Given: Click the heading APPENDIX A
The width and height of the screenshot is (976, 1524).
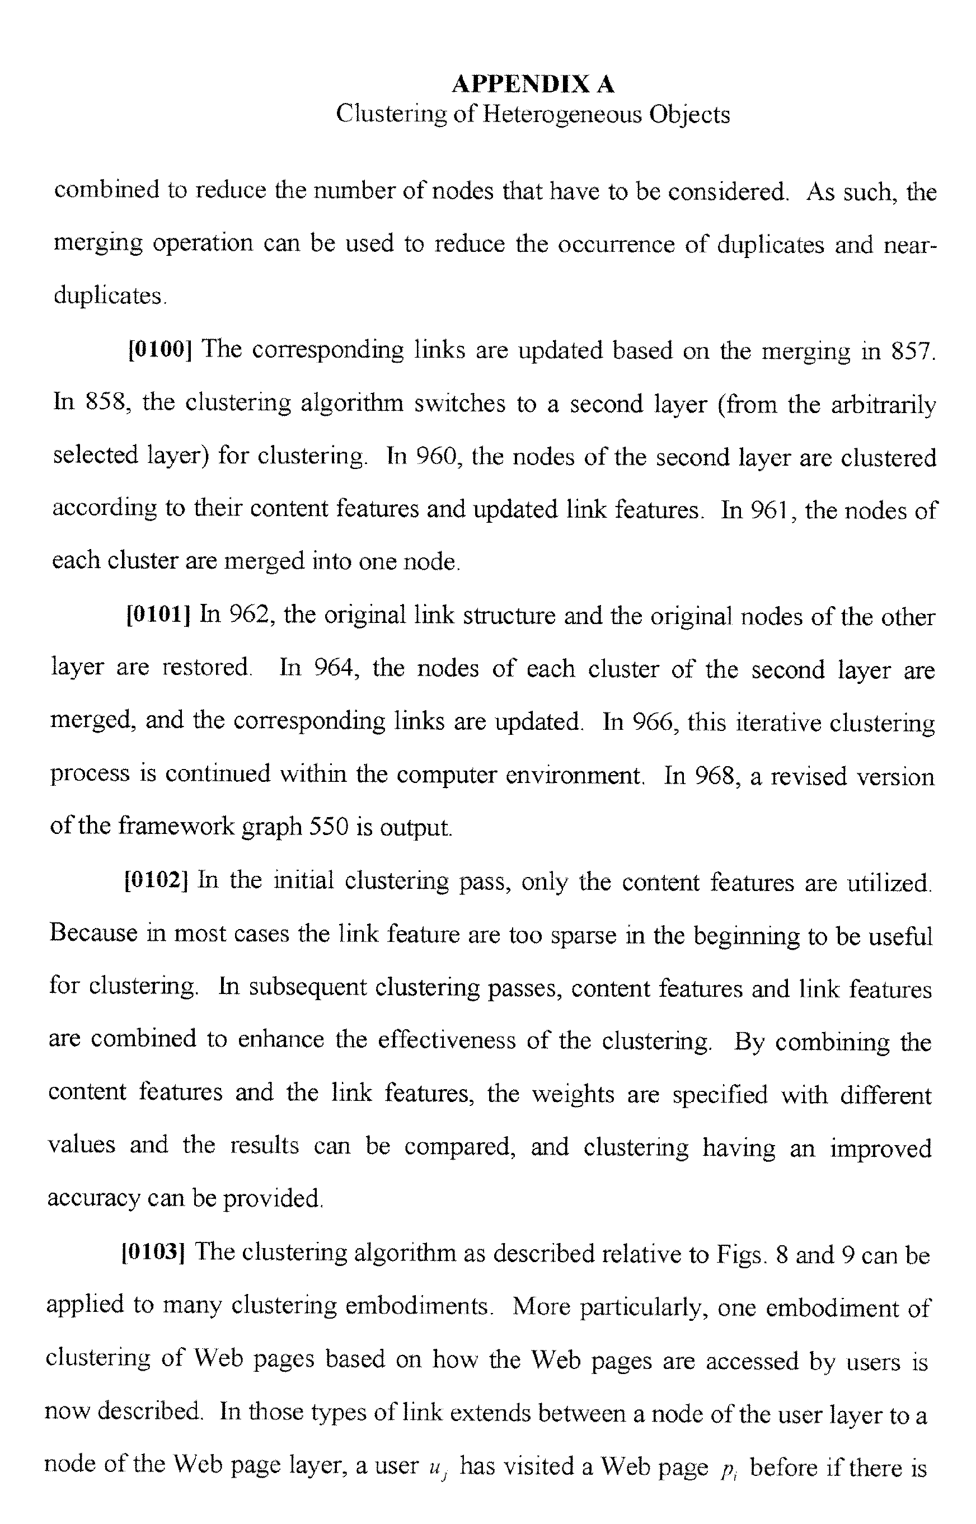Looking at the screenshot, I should pyautogui.click(x=532, y=85).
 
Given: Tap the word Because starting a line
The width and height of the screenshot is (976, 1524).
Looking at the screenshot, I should pyautogui.click(x=93, y=933).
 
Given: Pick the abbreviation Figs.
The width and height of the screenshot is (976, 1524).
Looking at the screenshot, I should pyautogui.click(x=741, y=1254).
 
